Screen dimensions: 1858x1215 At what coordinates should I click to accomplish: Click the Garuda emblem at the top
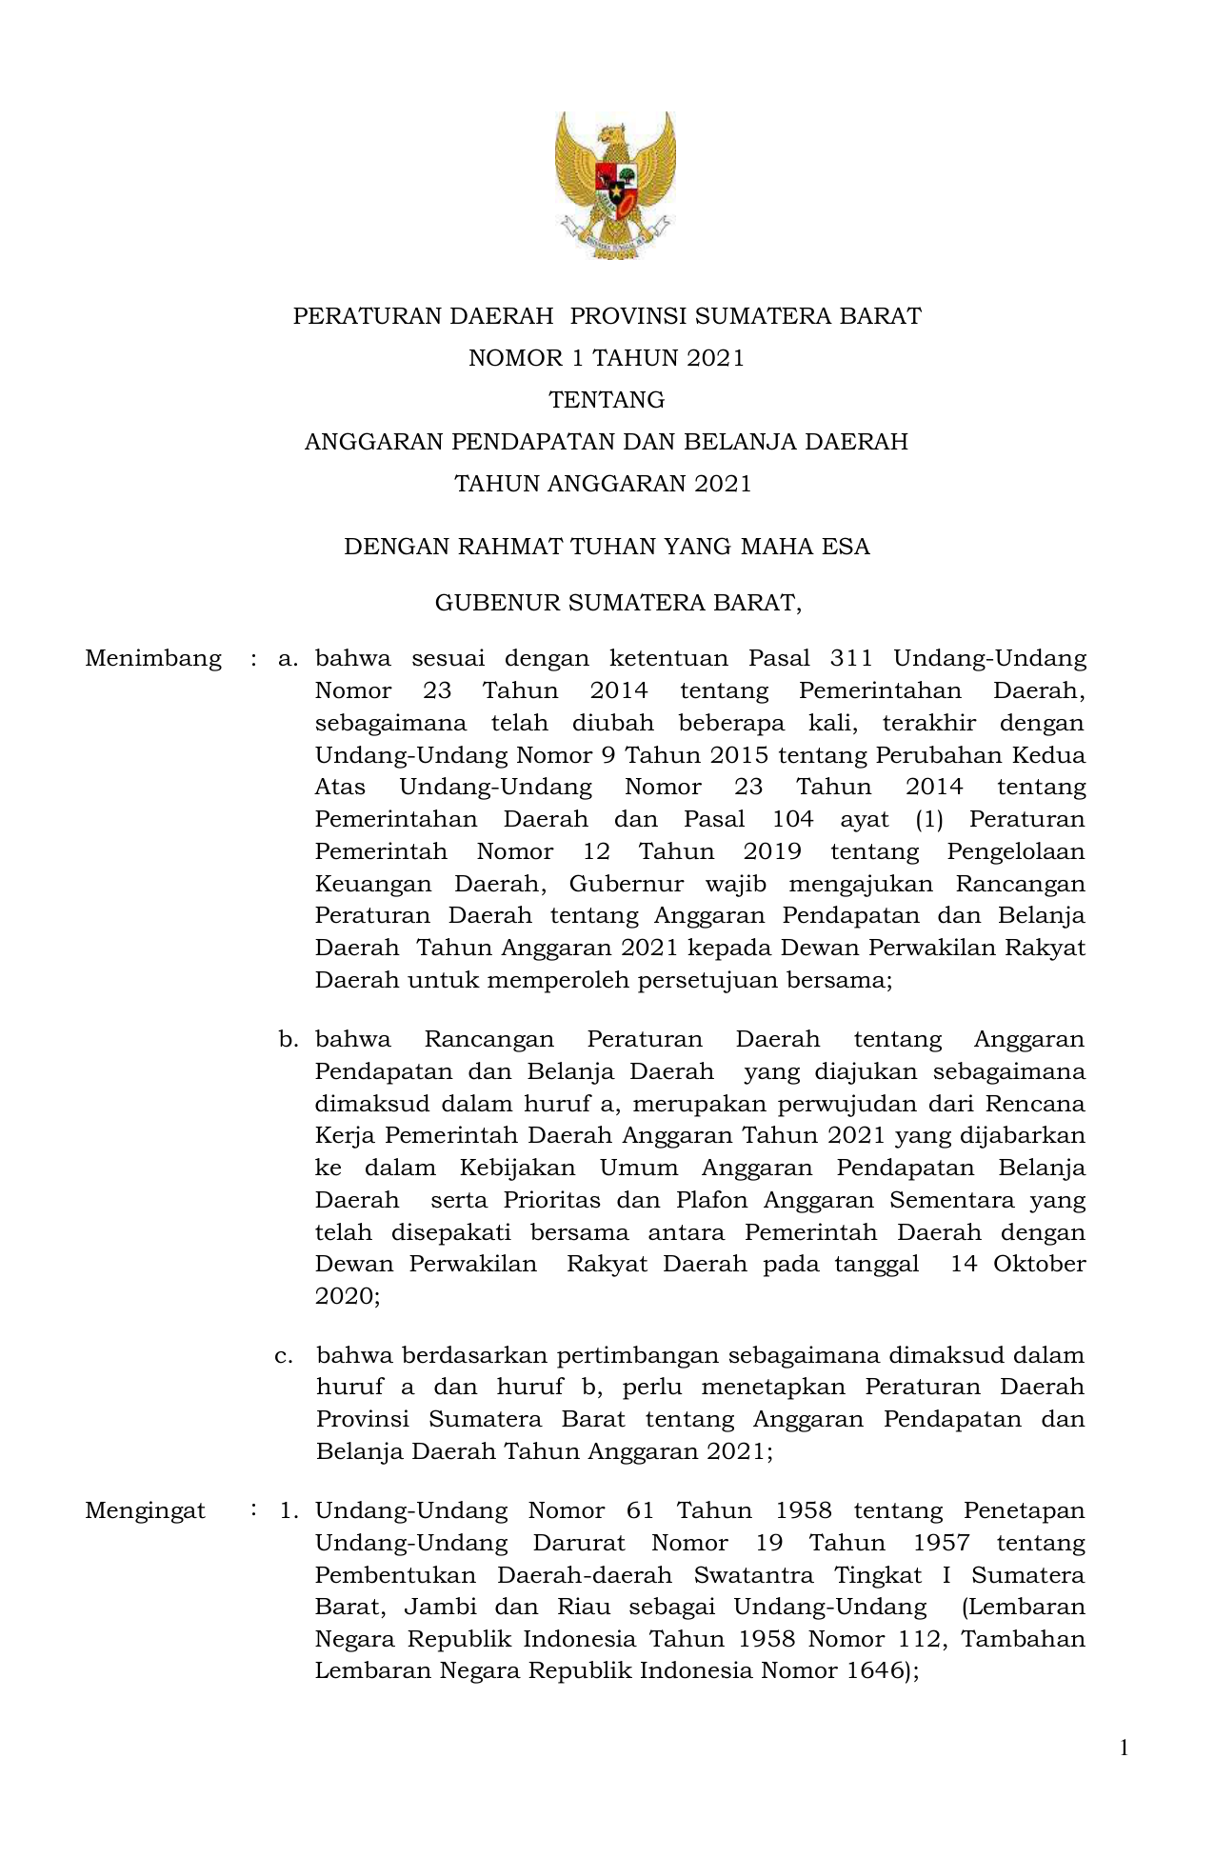click(x=615, y=185)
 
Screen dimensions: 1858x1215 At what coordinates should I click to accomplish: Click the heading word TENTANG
click(x=607, y=400)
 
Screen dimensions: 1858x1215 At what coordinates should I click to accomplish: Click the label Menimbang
click(x=153, y=658)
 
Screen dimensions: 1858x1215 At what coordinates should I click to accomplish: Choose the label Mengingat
click(x=145, y=1510)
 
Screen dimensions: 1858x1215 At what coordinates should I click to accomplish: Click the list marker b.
click(x=288, y=1039)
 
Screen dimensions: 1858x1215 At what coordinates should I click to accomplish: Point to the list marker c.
click(x=283, y=1355)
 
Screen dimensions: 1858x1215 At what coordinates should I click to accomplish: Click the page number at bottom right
click(x=1124, y=1748)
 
